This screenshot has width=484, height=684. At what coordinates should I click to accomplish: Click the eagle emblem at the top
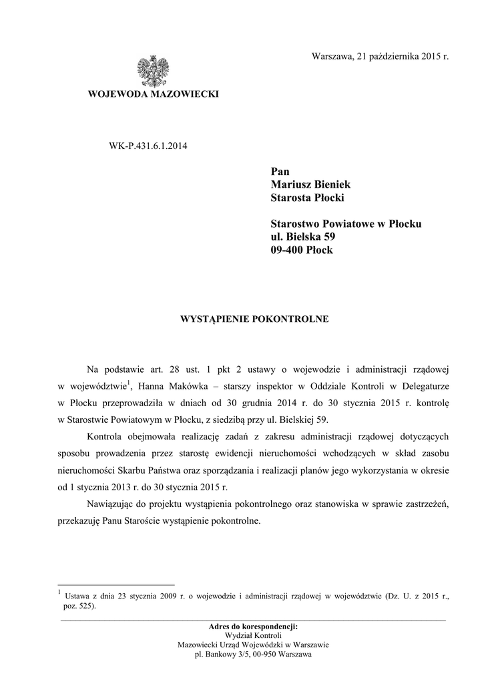pos(153,71)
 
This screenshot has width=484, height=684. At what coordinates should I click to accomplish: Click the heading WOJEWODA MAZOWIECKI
pos(154,95)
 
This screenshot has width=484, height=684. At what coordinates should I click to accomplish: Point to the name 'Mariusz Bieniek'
pos(310,184)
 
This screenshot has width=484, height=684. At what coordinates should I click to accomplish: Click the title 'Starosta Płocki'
pos(307,197)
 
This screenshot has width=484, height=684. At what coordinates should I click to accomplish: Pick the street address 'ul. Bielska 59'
pos(302,237)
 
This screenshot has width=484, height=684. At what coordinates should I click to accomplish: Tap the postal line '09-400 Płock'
pos(301,250)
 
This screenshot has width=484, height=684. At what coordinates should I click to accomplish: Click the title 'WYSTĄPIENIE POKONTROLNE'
pos(255,319)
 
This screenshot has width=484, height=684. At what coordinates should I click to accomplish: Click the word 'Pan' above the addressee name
pos(280,171)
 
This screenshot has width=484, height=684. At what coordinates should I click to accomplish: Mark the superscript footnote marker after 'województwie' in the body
pos(130,381)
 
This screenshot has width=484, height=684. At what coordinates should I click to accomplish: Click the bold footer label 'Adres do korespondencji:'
pos(253,627)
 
